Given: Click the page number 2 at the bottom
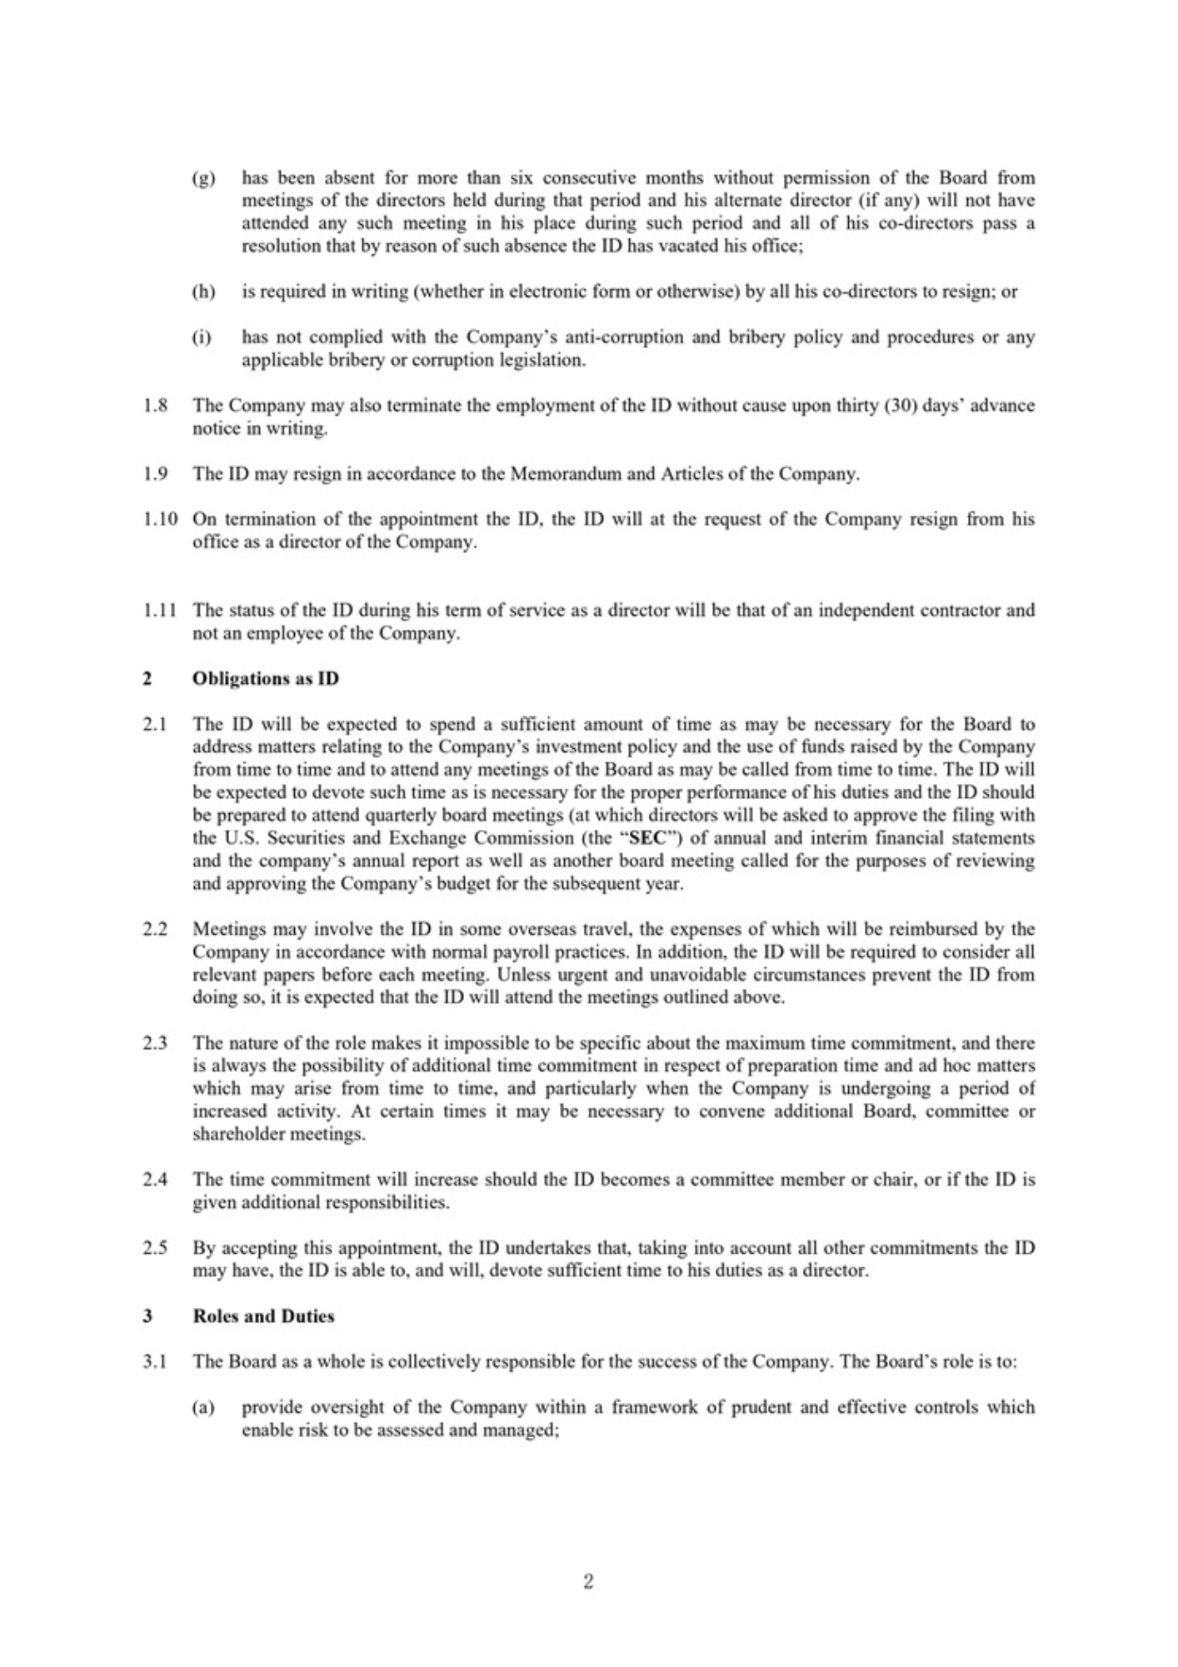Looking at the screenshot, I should [x=588, y=1581].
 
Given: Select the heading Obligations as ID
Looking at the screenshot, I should [x=266, y=678].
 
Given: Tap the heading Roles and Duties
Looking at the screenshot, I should [x=263, y=1316].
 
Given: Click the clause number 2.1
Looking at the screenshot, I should [x=154, y=724].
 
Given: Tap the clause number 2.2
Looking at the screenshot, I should [x=154, y=929].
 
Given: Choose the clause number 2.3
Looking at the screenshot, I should [x=154, y=1043].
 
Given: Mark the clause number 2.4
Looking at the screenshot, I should [x=154, y=1180].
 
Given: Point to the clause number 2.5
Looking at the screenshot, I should [x=154, y=1248].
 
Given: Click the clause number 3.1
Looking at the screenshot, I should [x=154, y=1362].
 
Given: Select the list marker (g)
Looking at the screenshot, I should [x=203, y=178].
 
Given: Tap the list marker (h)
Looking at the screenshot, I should [x=203, y=292].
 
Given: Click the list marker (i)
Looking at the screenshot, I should [x=202, y=337].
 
